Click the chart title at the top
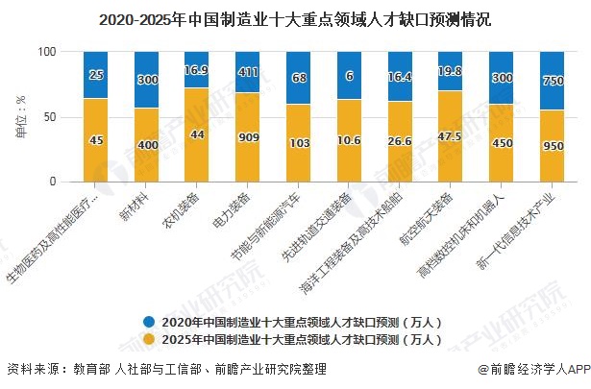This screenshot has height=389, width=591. pyautogui.click(x=295, y=17)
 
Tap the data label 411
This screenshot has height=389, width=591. pyautogui.click(x=248, y=73)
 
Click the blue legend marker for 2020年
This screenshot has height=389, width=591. pyautogui.click(x=148, y=320)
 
